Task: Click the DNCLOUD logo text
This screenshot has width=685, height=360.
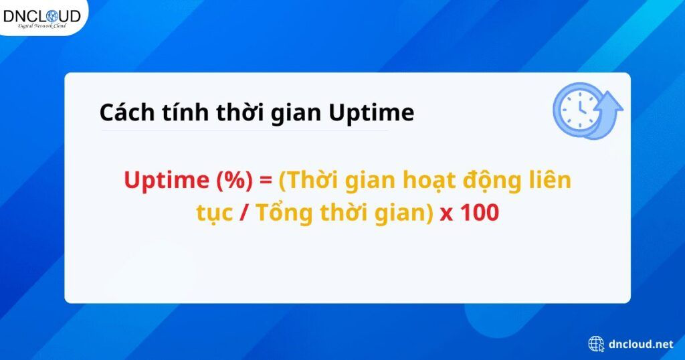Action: [x=41, y=15]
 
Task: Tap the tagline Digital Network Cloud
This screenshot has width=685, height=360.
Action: [x=41, y=26]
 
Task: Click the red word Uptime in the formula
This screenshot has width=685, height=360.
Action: [x=164, y=181]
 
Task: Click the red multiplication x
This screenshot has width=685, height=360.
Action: [x=446, y=214]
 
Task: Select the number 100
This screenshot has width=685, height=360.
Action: [x=479, y=213]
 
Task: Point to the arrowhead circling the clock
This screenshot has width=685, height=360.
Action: [x=611, y=102]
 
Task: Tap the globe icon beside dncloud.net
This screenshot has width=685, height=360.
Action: [x=596, y=344]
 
